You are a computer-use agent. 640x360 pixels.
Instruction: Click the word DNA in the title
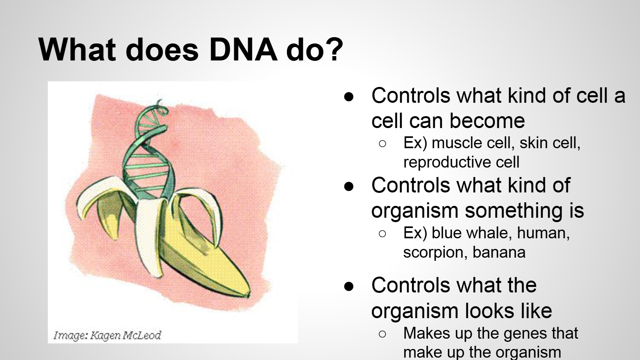tap(243, 49)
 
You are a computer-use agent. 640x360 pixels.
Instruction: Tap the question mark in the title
tap(334, 49)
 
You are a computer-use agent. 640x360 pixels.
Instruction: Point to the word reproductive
tap(447, 163)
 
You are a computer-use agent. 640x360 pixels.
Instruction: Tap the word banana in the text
tap(499, 252)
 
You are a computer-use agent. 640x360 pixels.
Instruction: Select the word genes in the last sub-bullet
tap(525, 334)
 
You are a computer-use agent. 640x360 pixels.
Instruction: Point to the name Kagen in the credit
tap(105, 335)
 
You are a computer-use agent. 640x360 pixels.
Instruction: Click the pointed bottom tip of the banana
tap(249, 295)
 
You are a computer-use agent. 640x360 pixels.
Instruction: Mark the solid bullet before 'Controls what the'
tap(349, 286)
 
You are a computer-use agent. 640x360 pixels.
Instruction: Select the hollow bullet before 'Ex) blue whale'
tap(382, 234)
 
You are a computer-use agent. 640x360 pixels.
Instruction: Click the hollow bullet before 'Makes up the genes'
tap(382, 334)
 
